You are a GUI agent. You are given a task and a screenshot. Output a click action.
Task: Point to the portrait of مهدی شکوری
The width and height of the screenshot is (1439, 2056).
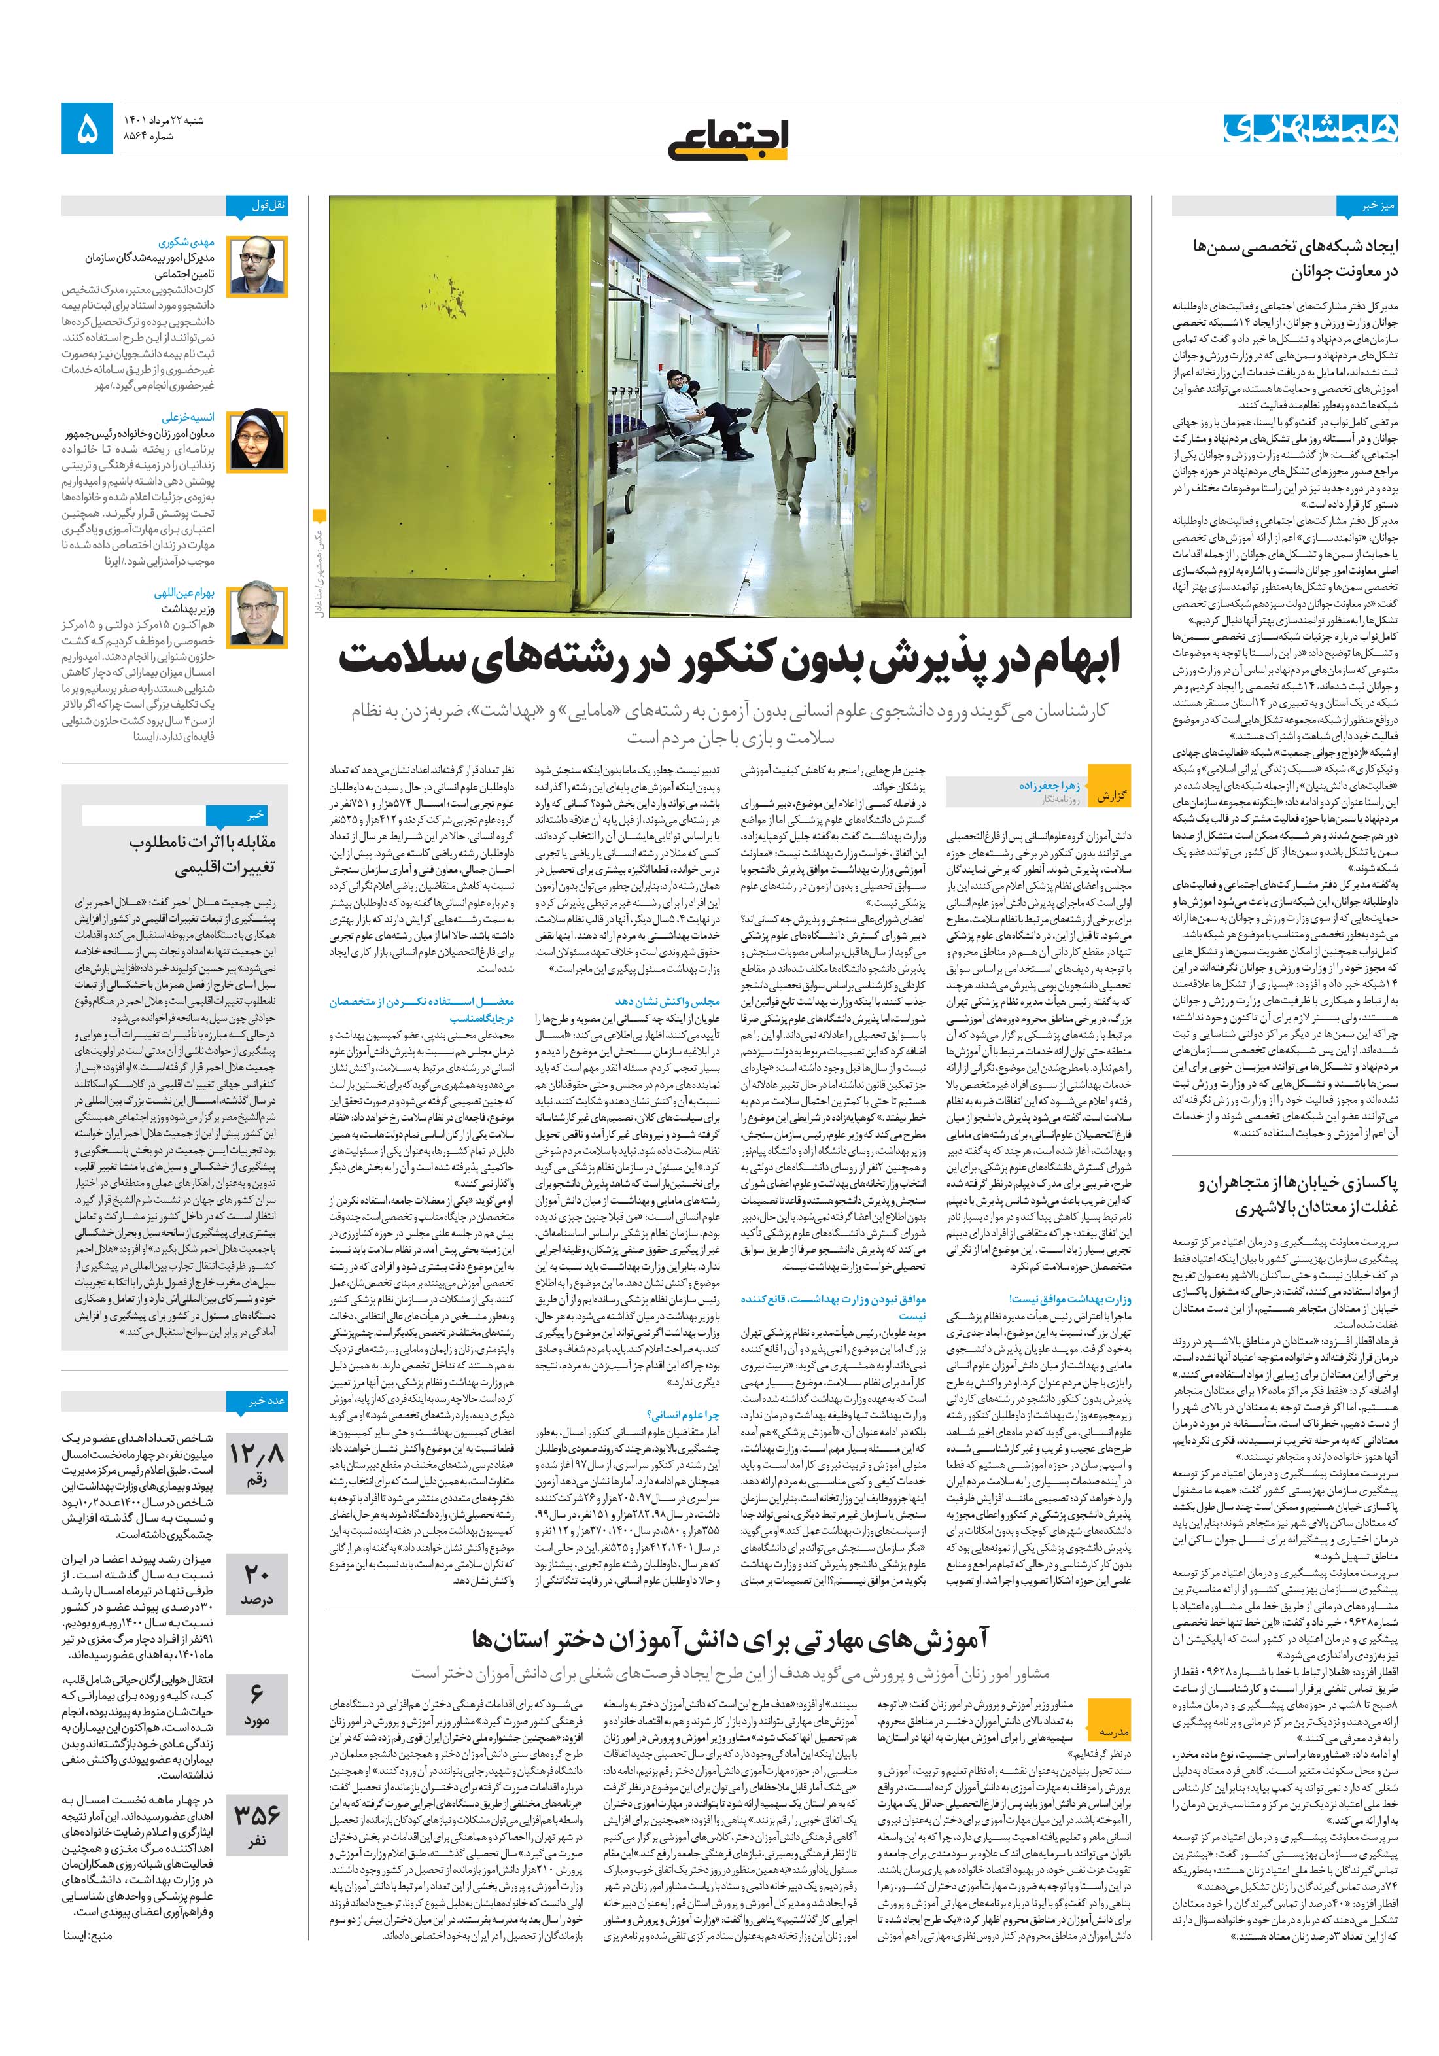257,266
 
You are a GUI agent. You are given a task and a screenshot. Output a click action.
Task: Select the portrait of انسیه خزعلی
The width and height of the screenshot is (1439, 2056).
257,441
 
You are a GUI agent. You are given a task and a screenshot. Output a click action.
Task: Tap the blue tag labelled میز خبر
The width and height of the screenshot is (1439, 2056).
1366,206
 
